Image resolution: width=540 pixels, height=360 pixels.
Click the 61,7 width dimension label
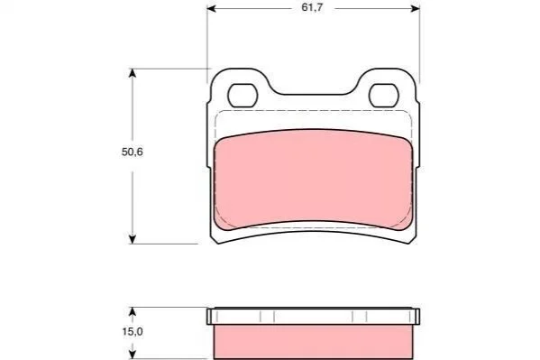point(312,7)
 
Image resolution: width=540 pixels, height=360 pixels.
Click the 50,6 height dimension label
point(133,152)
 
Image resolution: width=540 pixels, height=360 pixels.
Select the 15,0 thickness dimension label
point(133,332)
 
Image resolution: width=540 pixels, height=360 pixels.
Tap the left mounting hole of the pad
point(243,95)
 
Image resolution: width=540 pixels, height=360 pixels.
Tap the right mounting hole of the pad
point(384,95)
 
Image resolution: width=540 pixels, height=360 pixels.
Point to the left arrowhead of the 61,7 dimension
point(211,8)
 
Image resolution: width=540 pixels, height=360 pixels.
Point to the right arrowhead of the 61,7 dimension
point(416,8)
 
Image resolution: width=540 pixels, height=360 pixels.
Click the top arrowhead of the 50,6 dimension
point(133,73)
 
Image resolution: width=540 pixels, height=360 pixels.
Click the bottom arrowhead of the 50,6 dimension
point(133,239)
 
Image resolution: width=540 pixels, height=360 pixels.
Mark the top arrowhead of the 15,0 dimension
point(133,311)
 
